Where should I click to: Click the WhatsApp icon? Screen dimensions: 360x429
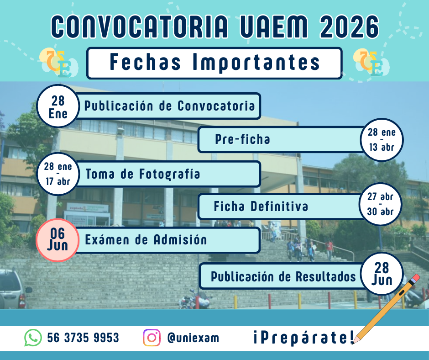pos(33,338)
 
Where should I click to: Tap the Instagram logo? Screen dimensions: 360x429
pos(152,338)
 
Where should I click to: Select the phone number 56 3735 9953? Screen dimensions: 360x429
pos(83,338)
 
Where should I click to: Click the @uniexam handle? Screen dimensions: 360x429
pos(193,338)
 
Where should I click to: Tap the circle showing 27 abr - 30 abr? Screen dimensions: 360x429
pos(381,205)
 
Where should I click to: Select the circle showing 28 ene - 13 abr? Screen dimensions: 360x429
pos(382,140)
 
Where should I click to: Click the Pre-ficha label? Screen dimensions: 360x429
pos(242,140)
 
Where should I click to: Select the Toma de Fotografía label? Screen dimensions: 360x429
pos(143,174)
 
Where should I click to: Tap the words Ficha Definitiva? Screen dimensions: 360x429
pos(261,206)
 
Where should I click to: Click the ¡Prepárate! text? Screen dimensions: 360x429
pos(303,338)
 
